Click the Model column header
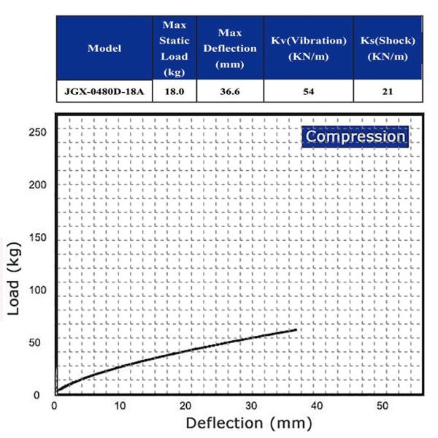104,49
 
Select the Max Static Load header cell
174,49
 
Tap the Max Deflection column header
229,49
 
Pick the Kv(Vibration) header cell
308,49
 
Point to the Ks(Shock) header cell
388,49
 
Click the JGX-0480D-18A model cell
104,93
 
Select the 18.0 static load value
174,93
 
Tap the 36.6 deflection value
229,93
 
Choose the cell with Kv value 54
308,93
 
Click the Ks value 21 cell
388,93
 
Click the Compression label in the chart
355,137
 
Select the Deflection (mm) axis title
249,423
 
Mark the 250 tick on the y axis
38,132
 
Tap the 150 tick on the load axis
38,239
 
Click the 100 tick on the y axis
38,291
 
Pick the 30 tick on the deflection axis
251,405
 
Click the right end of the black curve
296,330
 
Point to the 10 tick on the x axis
120,405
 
